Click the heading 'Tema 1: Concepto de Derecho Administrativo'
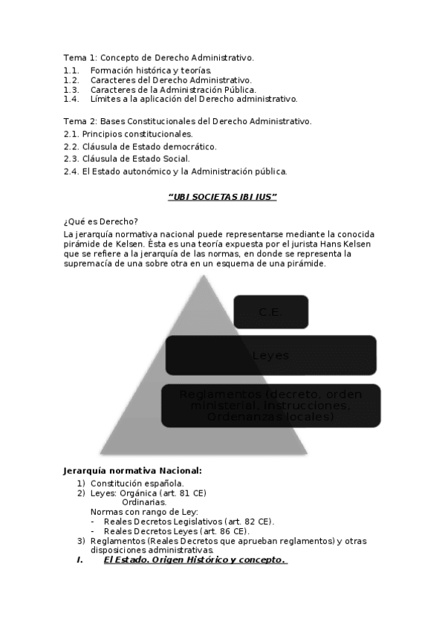(158, 57)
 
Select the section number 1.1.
(71, 70)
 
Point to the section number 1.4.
(71, 99)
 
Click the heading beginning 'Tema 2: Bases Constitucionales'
(187, 120)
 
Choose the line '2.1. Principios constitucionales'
(128, 134)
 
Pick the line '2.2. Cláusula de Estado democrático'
(140, 146)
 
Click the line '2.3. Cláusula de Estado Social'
(126, 158)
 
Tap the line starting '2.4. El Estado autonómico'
(175, 172)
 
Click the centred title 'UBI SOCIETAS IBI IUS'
(222, 197)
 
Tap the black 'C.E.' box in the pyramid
(270, 312)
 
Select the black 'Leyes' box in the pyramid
(270, 355)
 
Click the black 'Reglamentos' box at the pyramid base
(270, 406)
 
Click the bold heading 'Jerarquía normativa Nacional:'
(132, 470)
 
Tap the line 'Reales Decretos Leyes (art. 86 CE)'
(177, 531)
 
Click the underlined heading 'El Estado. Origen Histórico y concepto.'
(195, 560)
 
